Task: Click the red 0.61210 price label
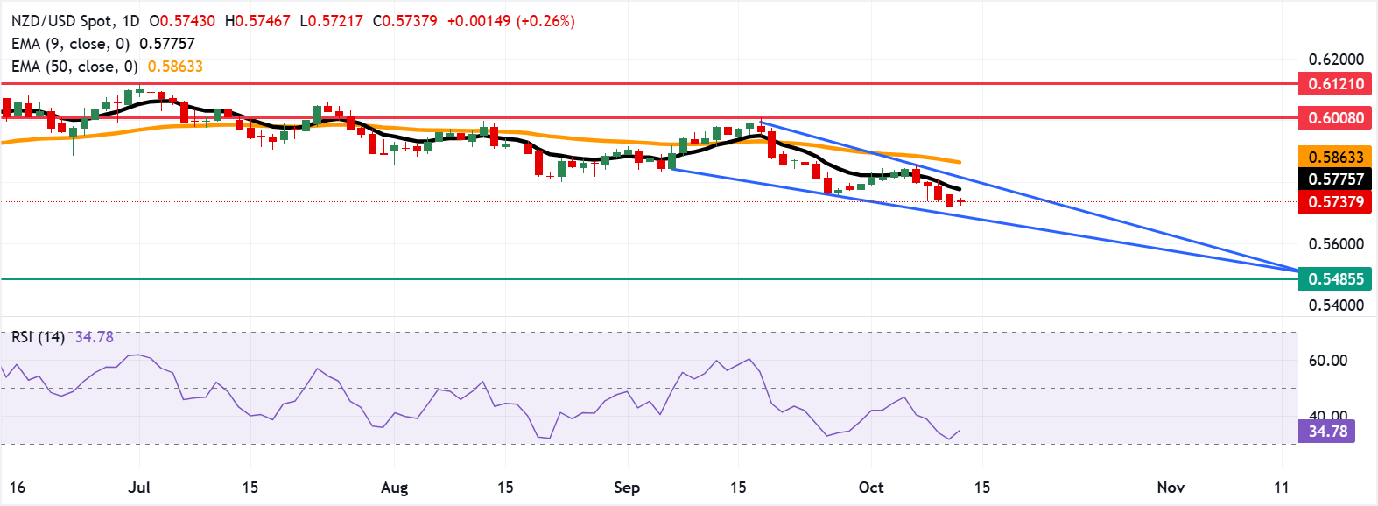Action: point(1335,84)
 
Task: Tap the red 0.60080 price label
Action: point(1335,117)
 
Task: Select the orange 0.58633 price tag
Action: point(1335,158)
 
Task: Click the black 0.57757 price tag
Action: point(1335,179)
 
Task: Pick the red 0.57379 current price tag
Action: point(1335,202)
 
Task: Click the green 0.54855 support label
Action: point(1335,279)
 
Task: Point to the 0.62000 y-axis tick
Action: point(1336,60)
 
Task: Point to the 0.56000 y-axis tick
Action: point(1336,244)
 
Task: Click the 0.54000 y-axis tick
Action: point(1336,306)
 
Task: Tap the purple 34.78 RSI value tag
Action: point(1327,432)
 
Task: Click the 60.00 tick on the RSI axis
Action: point(1327,361)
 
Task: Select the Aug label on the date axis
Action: point(394,488)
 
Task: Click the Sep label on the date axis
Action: point(627,488)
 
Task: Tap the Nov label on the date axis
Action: point(1171,488)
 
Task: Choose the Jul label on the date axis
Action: point(139,488)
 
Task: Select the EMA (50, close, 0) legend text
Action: point(74,67)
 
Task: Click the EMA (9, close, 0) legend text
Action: point(70,44)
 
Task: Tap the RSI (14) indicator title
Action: point(38,337)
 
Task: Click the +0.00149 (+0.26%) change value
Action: point(510,20)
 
